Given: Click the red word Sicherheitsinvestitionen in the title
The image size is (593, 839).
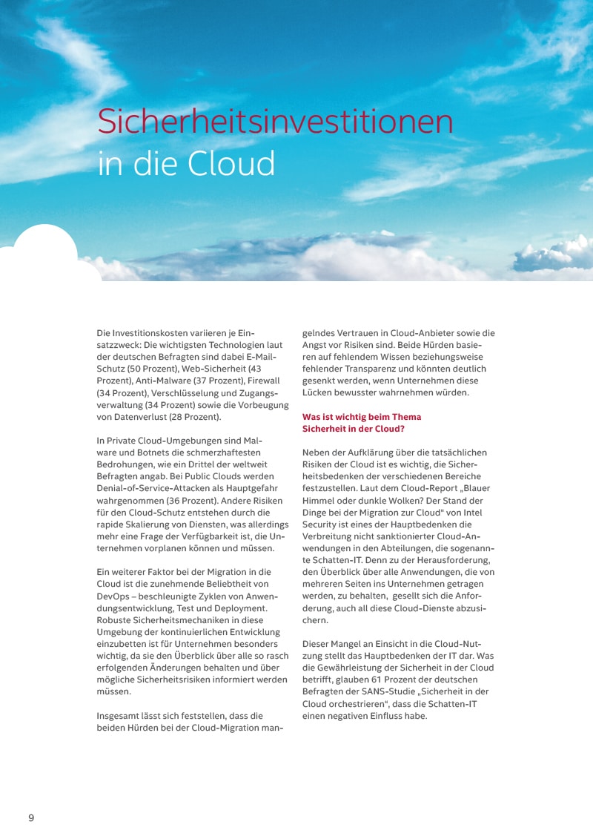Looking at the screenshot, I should point(275,121).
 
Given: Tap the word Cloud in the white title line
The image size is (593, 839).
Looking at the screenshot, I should point(231,164).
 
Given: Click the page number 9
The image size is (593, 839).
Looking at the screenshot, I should point(31,817).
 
